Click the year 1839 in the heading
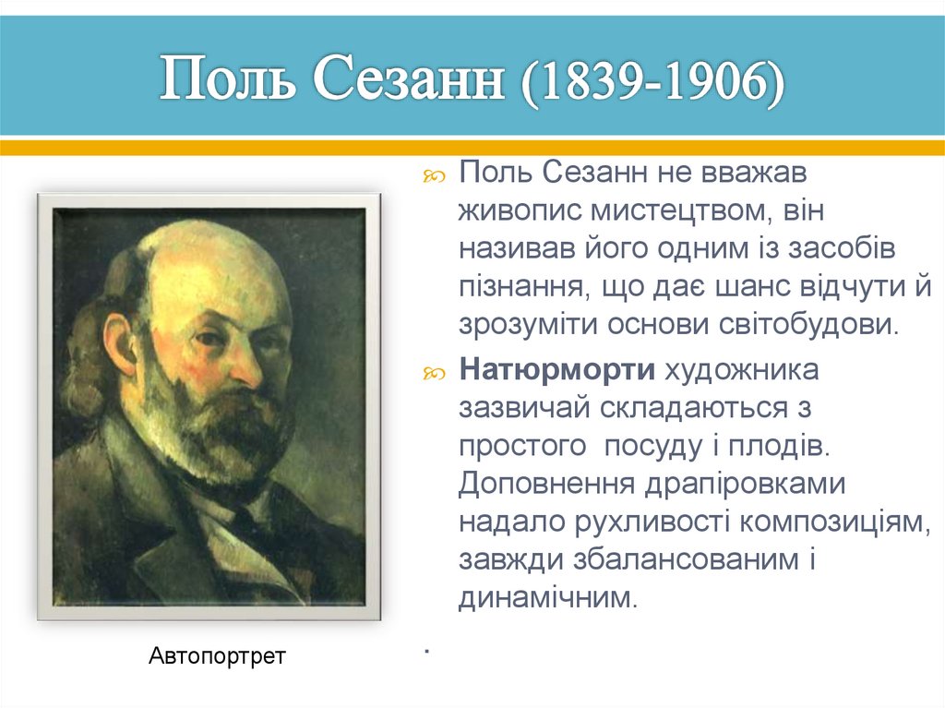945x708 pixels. (x=570, y=81)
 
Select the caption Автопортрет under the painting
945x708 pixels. (x=217, y=656)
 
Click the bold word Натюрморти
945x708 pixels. (x=557, y=370)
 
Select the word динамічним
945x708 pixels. (x=547, y=597)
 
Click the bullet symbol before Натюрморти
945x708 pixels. (x=433, y=372)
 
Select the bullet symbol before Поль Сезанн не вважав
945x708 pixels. (x=433, y=174)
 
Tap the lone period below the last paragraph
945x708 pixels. (x=428, y=653)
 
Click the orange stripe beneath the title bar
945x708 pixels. (x=472, y=148)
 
